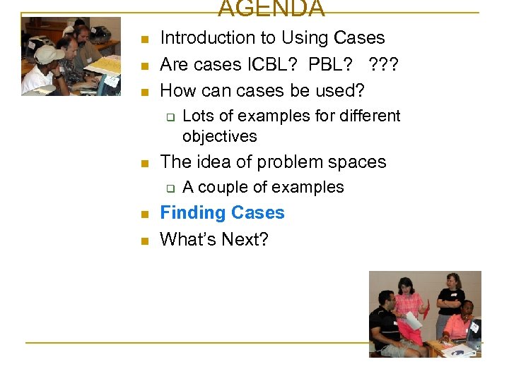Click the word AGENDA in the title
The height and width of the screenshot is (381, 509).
(271, 9)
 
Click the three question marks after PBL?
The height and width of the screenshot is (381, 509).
(383, 65)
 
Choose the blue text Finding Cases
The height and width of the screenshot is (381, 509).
(222, 213)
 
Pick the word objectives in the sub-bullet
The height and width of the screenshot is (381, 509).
(219, 136)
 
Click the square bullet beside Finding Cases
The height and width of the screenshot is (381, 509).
(144, 214)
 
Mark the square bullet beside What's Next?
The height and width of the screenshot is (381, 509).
(144, 241)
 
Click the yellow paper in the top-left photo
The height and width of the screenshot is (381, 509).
(105, 66)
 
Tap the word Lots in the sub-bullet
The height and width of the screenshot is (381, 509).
(197, 116)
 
